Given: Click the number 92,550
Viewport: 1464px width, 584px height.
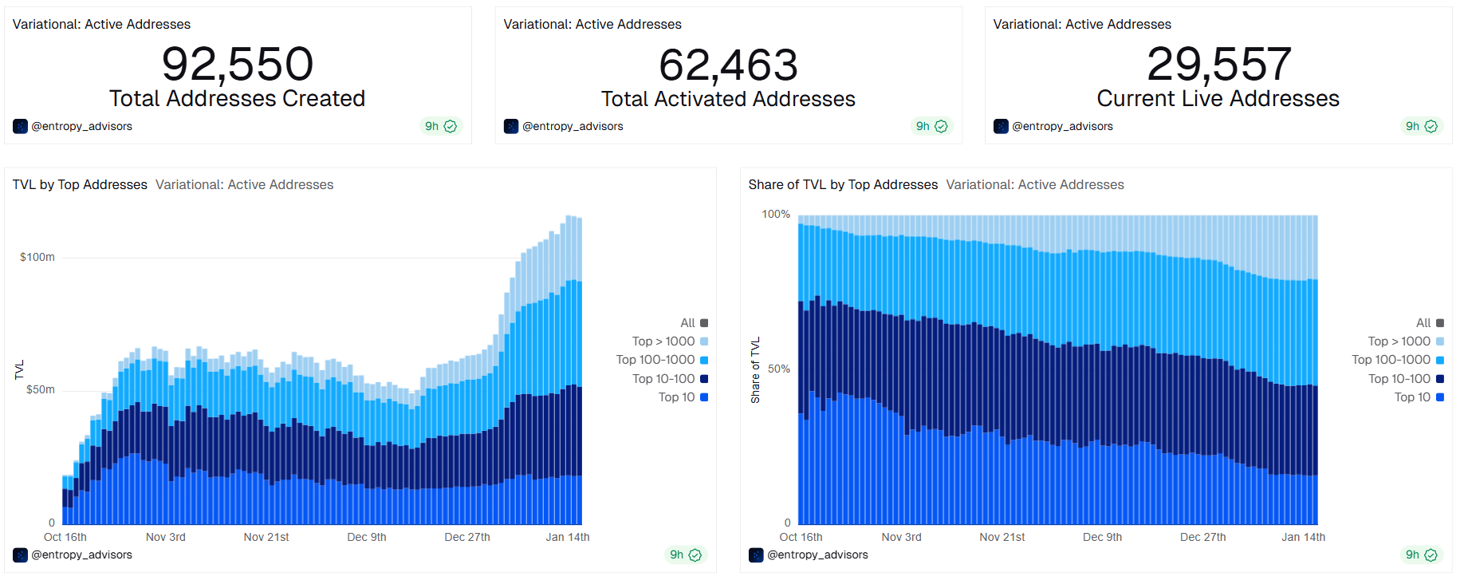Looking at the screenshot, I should tap(238, 64).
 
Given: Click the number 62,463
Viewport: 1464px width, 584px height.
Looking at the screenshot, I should tap(728, 65).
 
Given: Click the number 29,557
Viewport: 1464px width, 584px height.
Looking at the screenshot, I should tap(1218, 64).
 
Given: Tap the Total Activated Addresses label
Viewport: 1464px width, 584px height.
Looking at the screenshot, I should tap(728, 99).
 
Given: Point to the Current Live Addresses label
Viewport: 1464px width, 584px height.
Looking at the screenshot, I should tap(1218, 98).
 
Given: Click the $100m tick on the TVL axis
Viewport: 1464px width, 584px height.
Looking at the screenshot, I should tap(37, 257).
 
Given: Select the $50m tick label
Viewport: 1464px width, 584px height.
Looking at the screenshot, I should tap(41, 389).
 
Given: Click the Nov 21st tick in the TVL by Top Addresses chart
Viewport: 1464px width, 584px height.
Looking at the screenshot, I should tap(266, 537).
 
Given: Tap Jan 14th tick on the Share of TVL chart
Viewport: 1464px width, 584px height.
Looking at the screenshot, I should tap(1303, 537).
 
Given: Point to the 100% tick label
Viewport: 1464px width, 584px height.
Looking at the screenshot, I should tap(776, 214).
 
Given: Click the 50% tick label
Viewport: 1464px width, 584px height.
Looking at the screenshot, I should tap(779, 369).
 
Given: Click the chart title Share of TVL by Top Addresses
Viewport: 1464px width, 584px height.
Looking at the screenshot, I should tap(843, 184).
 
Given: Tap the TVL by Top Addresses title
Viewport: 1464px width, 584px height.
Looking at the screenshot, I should tap(80, 184).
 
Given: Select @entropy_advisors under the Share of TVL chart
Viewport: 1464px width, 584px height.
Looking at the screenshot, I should tap(817, 554).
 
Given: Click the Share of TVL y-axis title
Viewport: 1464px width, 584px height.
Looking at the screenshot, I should tap(755, 370).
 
